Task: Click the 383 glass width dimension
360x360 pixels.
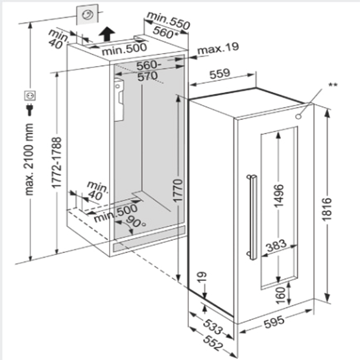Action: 276,246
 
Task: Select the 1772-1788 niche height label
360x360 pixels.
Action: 57,163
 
